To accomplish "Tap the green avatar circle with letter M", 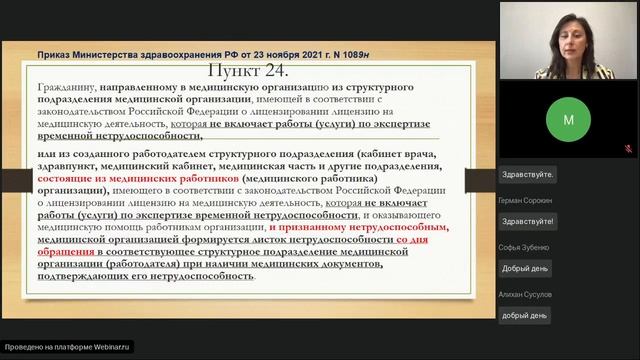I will click(x=568, y=119).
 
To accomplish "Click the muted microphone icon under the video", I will click(x=628, y=149).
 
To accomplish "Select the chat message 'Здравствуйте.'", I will click(x=527, y=173).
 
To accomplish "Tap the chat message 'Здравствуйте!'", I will click(x=527, y=220).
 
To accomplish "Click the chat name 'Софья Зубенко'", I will click(x=522, y=247).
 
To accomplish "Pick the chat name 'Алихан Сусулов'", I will click(x=523, y=294).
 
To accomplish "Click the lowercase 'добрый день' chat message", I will click(x=525, y=315).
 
